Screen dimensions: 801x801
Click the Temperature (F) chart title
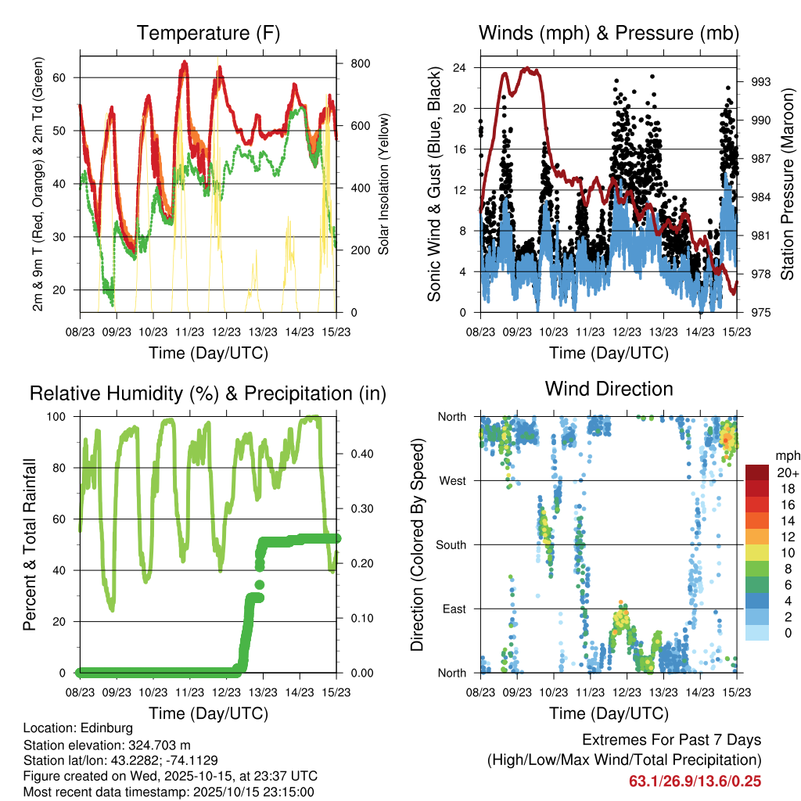coord(208,33)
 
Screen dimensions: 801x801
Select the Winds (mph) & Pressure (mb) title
coord(609,33)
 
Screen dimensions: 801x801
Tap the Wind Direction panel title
coord(609,388)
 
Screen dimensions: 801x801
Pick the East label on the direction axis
coord(454,609)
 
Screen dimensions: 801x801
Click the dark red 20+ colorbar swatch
coord(756,472)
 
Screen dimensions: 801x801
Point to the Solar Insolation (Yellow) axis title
coord(384,185)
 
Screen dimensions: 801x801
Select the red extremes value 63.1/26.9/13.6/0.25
coord(695,781)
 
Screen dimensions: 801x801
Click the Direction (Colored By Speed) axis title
coord(417,544)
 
